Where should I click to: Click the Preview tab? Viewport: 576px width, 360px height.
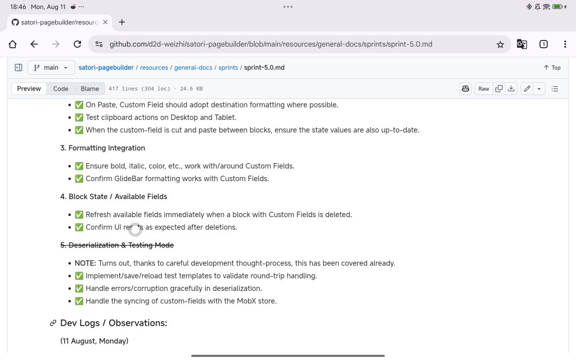coord(29,89)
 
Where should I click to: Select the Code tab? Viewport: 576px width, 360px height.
coord(61,89)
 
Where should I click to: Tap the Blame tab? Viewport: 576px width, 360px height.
coord(90,89)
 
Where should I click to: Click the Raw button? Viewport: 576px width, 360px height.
coord(484,89)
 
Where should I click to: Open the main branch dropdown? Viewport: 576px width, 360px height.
coord(51,67)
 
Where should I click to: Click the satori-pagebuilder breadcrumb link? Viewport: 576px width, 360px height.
coord(106,67)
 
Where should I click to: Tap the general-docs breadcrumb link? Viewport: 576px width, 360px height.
coord(193,67)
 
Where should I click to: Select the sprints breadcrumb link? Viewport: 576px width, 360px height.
coord(228,67)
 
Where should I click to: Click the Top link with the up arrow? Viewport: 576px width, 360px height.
coord(552,67)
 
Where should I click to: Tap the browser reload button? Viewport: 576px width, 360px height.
coord(78,44)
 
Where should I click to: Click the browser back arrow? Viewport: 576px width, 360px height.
coord(34,44)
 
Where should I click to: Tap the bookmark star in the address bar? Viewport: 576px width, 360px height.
coord(500,44)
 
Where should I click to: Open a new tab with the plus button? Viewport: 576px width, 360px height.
coord(122,22)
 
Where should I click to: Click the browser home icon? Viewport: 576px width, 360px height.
coord(13,44)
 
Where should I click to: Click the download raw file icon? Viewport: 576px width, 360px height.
coord(511,89)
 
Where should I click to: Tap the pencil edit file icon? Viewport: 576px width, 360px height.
coord(526,89)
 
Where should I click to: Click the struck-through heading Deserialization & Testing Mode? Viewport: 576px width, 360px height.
coord(117,245)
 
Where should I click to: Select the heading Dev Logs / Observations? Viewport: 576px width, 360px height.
coord(114,323)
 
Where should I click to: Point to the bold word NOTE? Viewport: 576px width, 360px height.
coord(85,263)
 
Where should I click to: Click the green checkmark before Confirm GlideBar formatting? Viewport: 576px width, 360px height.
coord(79,179)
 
